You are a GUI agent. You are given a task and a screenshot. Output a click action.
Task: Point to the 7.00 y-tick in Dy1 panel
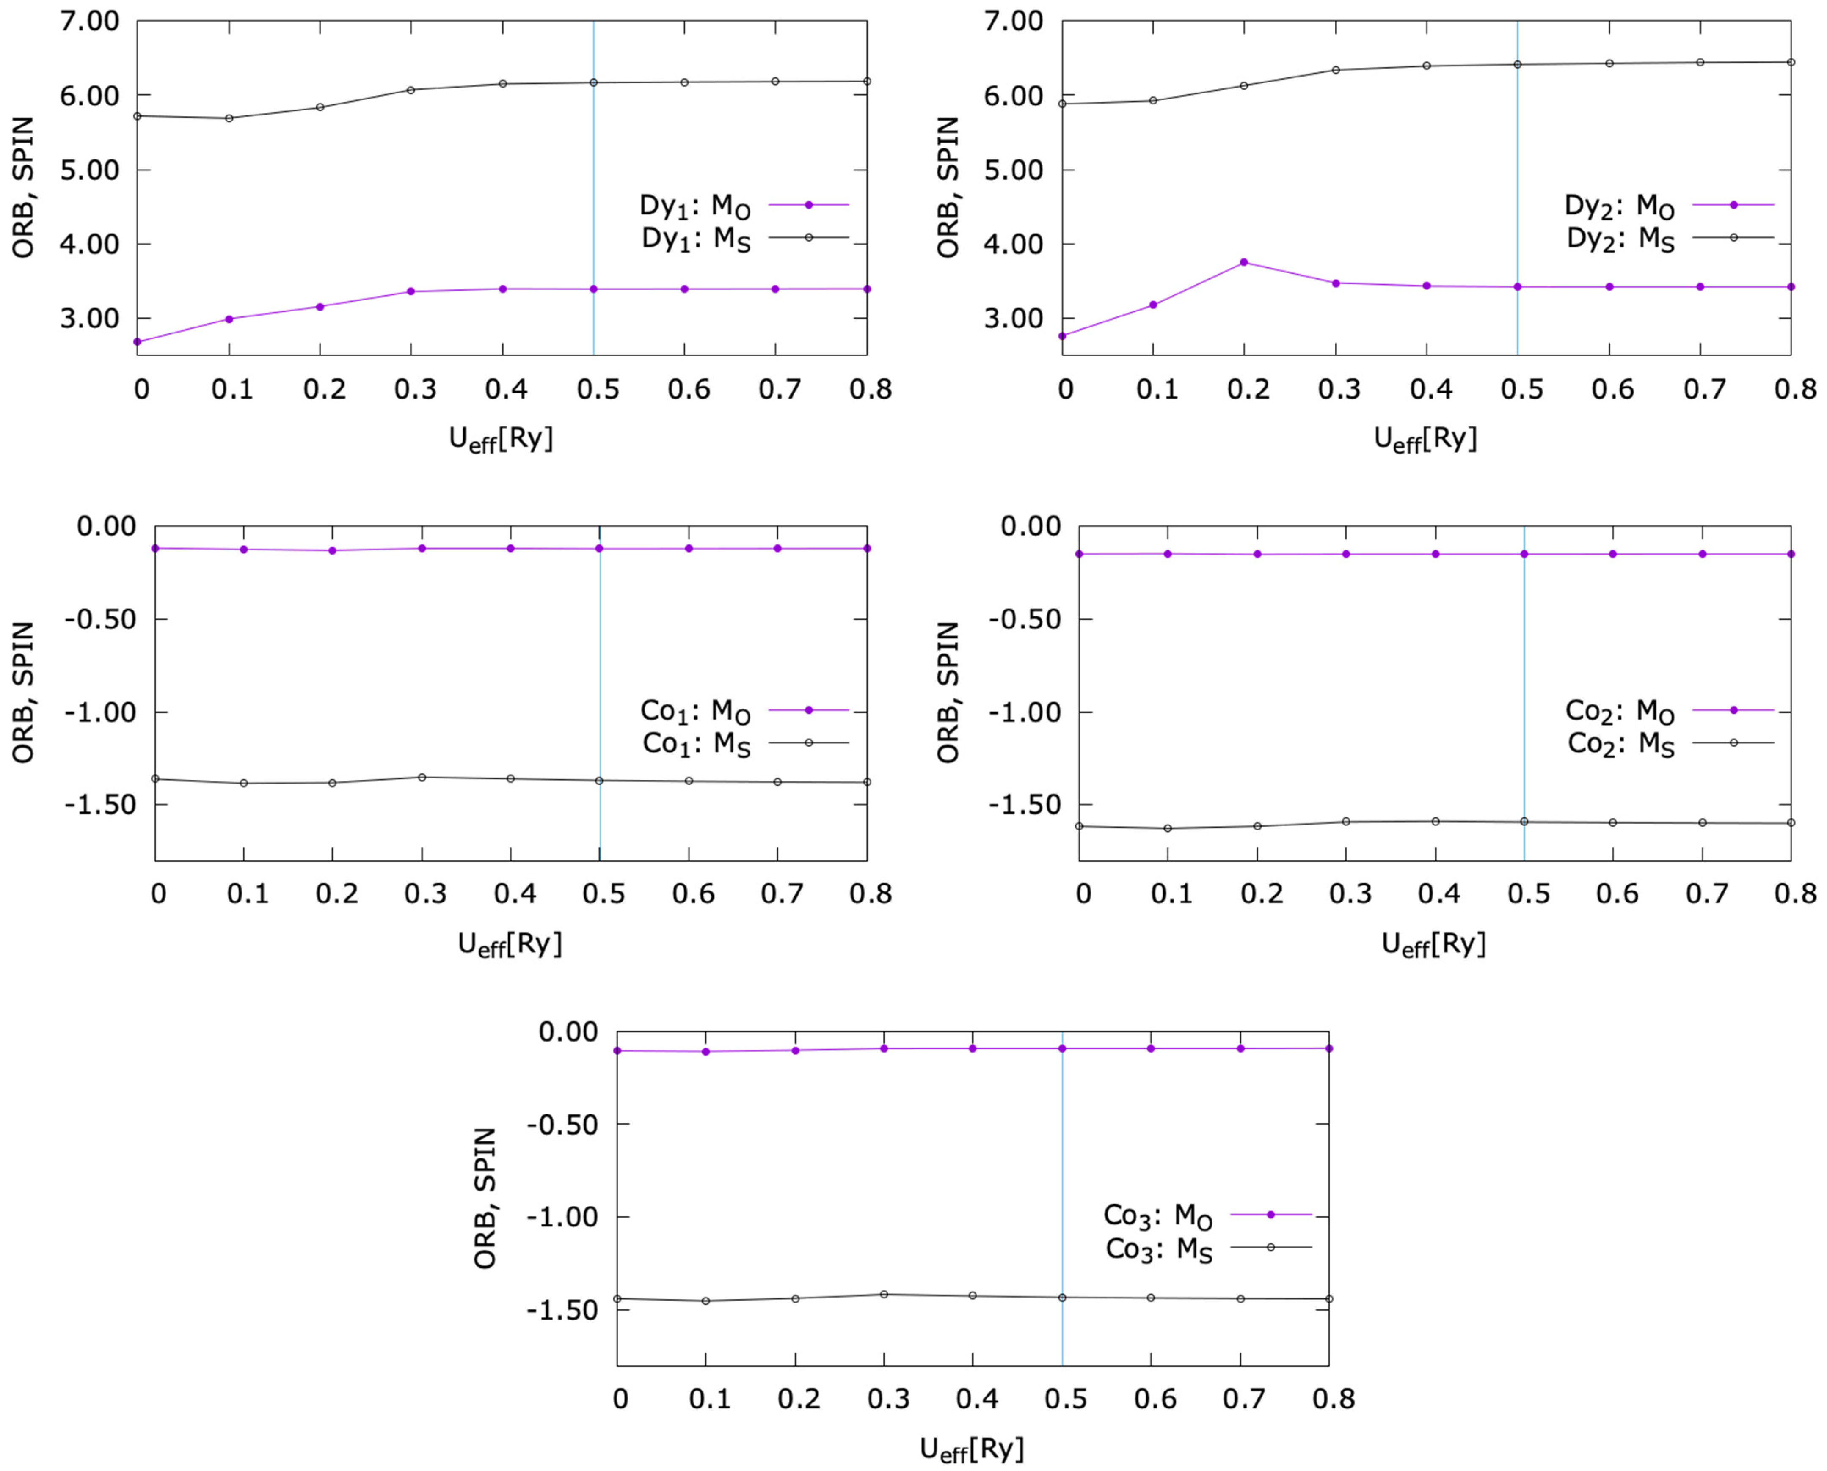click(x=89, y=21)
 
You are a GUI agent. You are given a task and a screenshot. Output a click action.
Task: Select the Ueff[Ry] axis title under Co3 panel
click(x=972, y=1448)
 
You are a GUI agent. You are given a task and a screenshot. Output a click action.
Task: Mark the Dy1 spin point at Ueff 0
click(x=137, y=116)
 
